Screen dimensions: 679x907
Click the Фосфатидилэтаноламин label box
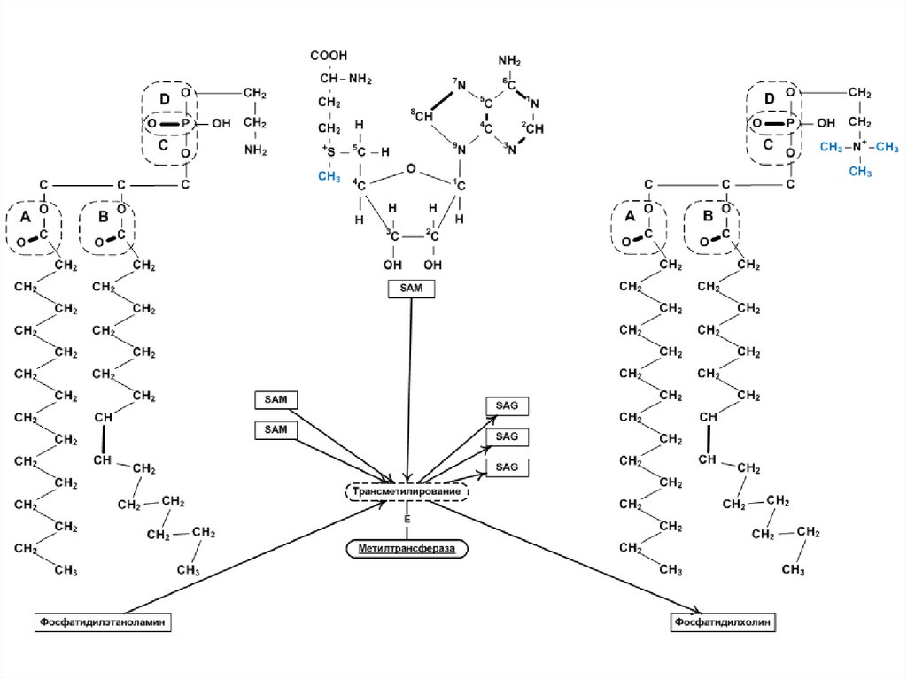coord(103,622)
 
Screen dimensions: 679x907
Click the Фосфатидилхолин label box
coord(724,622)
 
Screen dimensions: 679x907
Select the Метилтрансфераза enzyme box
coord(407,549)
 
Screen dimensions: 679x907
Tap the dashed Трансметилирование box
coord(407,490)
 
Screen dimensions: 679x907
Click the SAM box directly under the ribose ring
coord(412,289)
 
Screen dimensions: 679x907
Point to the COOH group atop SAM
coord(329,56)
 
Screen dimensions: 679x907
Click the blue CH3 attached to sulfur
coord(329,176)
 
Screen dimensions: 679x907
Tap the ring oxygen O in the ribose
coord(409,166)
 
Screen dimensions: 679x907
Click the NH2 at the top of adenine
coord(509,61)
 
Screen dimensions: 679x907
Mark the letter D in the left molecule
coord(165,96)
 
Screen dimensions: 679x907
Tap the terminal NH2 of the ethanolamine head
coord(256,150)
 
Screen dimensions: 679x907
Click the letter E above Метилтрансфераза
coord(407,519)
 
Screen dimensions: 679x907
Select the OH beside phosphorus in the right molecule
coord(826,123)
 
